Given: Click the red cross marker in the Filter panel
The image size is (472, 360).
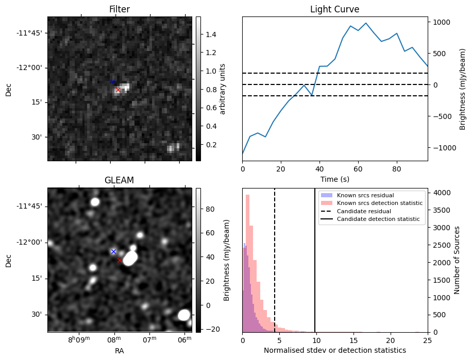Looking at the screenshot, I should coord(118,90).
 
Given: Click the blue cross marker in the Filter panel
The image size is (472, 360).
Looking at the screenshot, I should coord(112,82).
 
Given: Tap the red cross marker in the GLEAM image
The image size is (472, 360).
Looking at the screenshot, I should coord(120,260).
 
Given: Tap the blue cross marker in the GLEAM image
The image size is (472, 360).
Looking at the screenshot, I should coord(113,251).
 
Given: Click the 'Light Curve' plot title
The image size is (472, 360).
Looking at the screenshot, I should coord(334,9).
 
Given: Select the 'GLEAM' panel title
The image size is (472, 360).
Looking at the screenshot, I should coord(119,180).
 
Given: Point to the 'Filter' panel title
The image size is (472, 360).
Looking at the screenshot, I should coord(119,9).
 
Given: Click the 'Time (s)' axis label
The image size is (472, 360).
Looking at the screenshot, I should coord(334,179).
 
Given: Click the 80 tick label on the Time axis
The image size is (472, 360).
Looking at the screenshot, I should coord(396,168).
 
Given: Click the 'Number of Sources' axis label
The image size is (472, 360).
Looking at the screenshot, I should coord(457,260).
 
